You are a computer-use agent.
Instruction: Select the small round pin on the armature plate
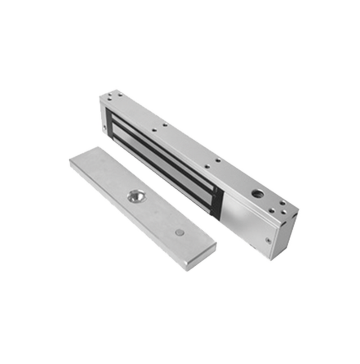pyautogui.click(x=179, y=233)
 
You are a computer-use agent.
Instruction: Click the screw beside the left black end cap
pyautogui.click(x=104, y=128)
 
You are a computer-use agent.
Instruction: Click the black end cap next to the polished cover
pyautogui.click(x=218, y=203)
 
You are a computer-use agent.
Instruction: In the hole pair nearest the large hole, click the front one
pyautogui.click(x=207, y=167)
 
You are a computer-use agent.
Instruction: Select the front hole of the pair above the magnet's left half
pyautogui.click(x=154, y=131)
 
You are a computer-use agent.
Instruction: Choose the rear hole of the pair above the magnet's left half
pyautogui.click(x=165, y=124)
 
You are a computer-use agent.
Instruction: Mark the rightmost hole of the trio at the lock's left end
pyautogui.click(x=120, y=95)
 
